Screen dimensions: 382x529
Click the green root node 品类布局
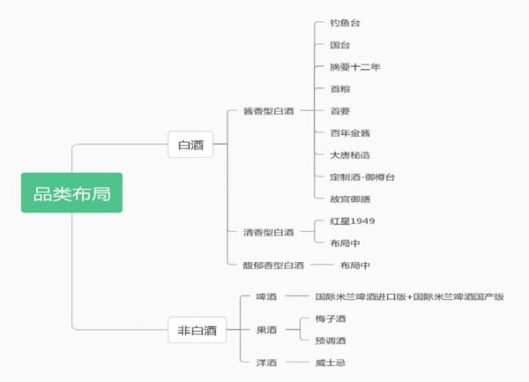pos(71,192)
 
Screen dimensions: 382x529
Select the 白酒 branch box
pos(190,145)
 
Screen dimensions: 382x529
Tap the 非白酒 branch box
pos(197,331)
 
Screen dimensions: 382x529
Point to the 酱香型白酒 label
pos(268,111)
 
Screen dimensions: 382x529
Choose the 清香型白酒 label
pos(268,232)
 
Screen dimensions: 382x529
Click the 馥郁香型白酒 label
pos(273,265)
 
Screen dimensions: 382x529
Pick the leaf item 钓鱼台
pos(346,23)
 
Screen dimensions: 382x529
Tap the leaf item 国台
pos(340,45)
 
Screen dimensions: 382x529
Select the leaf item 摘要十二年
pos(354,67)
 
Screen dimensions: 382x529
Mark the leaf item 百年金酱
pos(350,133)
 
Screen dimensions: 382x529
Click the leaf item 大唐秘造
pos(350,155)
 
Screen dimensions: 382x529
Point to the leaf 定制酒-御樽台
pos(361,177)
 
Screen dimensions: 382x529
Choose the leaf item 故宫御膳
pos(350,199)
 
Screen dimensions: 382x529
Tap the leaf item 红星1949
pos(353,221)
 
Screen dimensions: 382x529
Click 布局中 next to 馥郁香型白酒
pos(354,265)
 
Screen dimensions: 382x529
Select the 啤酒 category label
pos(266,297)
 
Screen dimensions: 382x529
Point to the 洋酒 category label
pos(266,363)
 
